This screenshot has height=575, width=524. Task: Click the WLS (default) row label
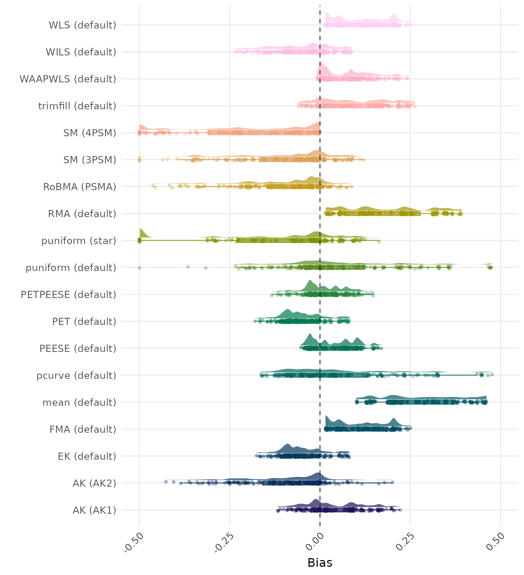coord(82,25)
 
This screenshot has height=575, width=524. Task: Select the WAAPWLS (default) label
coord(68,79)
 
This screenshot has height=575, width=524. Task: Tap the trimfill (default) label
coord(77,106)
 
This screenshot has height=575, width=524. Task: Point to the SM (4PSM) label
coord(90,133)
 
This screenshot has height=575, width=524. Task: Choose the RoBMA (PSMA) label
coord(80,187)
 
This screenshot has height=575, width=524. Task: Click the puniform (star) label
coord(79,241)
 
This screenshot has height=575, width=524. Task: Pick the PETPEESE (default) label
coord(68,295)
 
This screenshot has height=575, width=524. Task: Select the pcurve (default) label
coord(76,375)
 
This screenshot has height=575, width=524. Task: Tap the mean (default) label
coord(79,402)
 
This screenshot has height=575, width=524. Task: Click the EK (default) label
coord(87,456)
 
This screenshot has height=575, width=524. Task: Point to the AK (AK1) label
coord(94,510)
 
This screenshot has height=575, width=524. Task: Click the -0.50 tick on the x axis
coord(134,541)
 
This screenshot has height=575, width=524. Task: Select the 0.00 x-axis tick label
coord(314,541)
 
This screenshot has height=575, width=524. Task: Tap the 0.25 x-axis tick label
coord(405,541)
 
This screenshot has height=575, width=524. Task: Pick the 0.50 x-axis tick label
coord(495,541)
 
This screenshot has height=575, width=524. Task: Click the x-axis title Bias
coord(320,563)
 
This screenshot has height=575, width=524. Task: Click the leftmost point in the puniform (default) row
coord(139,268)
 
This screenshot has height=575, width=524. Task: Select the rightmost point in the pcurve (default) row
coord(492,374)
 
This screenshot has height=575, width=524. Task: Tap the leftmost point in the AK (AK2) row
coord(166,481)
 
